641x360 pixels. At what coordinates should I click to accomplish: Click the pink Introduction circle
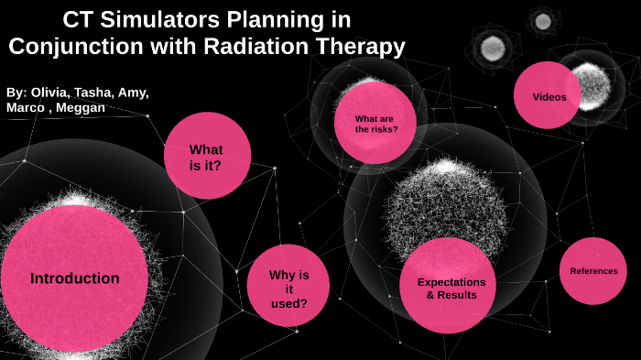pyautogui.click(x=75, y=278)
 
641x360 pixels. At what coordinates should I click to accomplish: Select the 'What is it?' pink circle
pyautogui.click(x=207, y=157)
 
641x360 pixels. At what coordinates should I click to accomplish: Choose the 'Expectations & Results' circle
pyautogui.click(x=449, y=288)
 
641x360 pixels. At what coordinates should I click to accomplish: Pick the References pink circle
pyautogui.click(x=593, y=271)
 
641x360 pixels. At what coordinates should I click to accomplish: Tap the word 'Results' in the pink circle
pyautogui.click(x=457, y=296)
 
